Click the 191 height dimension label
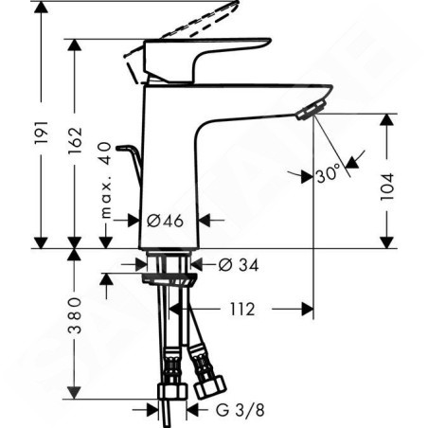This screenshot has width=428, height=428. [x=42, y=132]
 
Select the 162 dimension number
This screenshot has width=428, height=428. [x=75, y=140]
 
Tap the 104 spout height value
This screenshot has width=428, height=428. [x=387, y=187]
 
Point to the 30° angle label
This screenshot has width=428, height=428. [x=329, y=174]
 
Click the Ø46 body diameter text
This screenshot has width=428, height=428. [x=165, y=221]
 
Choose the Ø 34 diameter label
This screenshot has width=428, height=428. [x=239, y=265]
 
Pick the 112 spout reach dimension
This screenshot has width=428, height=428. [x=241, y=310]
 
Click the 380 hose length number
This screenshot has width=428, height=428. [x=75, y=315]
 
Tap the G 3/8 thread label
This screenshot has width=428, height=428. [x=240, y=410]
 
